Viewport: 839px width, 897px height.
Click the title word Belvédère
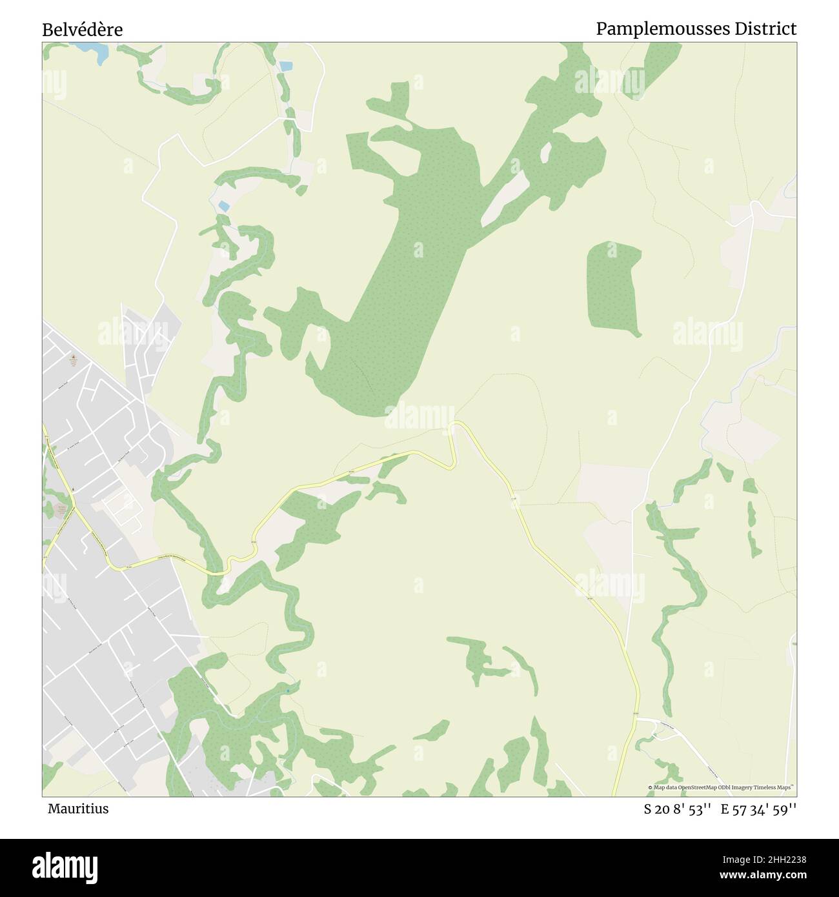[x=83, y=30]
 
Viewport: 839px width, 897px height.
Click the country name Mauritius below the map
[x=78, y=809]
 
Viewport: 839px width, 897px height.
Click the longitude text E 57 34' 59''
[x=758, y=809]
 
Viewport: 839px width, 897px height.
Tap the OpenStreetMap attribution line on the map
[x=722, y=787]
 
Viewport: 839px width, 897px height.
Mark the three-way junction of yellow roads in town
[x=74, y=508]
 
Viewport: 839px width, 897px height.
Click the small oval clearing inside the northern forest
[x=546, y=152]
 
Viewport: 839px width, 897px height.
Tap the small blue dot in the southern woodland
[x=287, y=691]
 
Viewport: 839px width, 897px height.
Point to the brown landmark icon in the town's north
[x=74, y=358]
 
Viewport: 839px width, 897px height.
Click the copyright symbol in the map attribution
[x=650, y=787]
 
